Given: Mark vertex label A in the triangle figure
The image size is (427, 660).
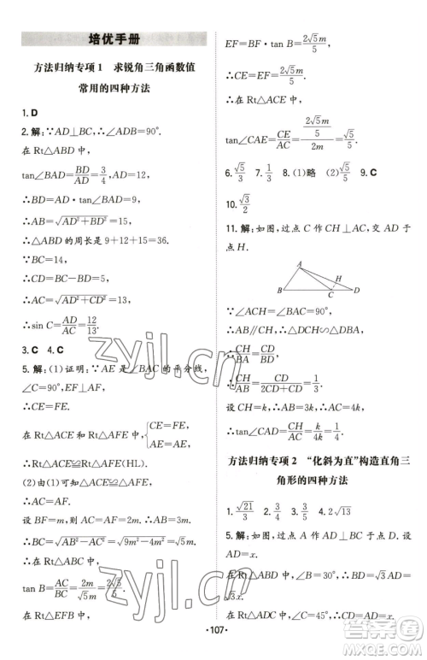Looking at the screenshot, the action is (x=299, y=263).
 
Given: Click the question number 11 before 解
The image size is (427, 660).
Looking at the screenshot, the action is (x=230, y=228).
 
